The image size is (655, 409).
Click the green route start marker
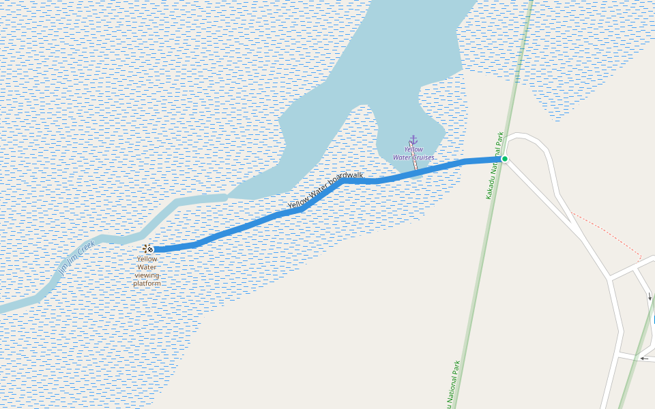[504, 159]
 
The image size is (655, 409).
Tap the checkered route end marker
[150, 249]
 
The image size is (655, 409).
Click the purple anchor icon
[413, 140]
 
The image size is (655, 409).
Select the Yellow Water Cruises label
[413, 153]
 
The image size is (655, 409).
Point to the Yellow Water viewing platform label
[147, 271]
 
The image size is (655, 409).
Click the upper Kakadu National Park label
[495, 166]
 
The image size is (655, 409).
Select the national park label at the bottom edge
[455, 385]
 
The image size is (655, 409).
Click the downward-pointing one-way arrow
[650, 297]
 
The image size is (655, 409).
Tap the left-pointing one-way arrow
[643, 358]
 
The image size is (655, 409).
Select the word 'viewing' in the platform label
[147, 275]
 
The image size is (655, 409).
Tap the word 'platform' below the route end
[147, 283]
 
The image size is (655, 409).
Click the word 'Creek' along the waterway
[86, 247]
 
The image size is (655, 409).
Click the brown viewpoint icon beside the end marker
[145, 247]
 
